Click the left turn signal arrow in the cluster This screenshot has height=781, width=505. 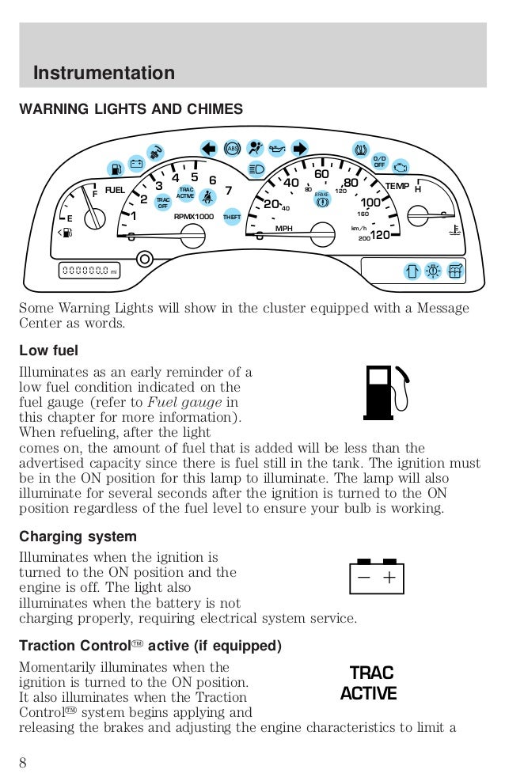(x=208, y=148)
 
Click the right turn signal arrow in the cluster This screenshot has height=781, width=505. (x=299, y=148)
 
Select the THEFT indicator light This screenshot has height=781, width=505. (x=232, y=217)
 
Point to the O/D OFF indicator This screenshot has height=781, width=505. (x=379, y=162)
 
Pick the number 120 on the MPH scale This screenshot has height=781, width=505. (x=380, y=234)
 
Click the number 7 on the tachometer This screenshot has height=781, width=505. (x=228, y=191)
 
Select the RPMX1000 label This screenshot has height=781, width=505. (x=194, y=215)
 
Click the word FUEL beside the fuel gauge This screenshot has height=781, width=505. (x=116, y=191)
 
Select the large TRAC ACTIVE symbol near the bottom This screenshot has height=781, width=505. (x=370, y=684)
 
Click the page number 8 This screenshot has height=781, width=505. (x=24, y=763)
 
